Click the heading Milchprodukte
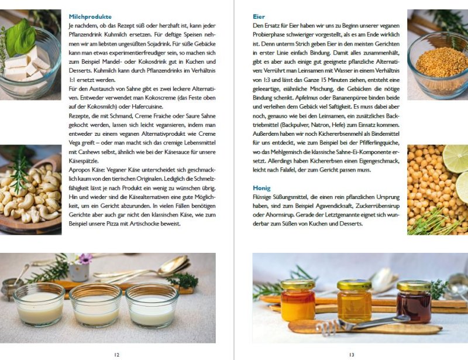tap(90, 16)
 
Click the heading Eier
tap(258, 16)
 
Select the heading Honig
tap(261, 188)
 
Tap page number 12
tap(116, 354)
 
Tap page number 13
tap(351, 354)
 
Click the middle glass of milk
tap(96, 304)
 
